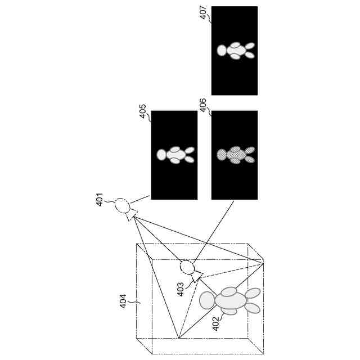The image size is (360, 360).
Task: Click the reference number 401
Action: tap(100, 199)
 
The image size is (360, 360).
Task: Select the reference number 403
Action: tap(181, 290)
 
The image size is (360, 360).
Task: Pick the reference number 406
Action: tap(203, 105)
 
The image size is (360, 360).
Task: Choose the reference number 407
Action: tap(203, 12)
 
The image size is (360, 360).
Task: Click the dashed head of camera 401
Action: tap(122, 205)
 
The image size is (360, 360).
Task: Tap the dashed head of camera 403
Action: tap(187, 267)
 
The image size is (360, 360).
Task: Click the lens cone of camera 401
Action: tap(133, 215)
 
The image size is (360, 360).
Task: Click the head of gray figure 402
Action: tap(208, 300)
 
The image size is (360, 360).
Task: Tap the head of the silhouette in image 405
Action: tap(162, 154)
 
